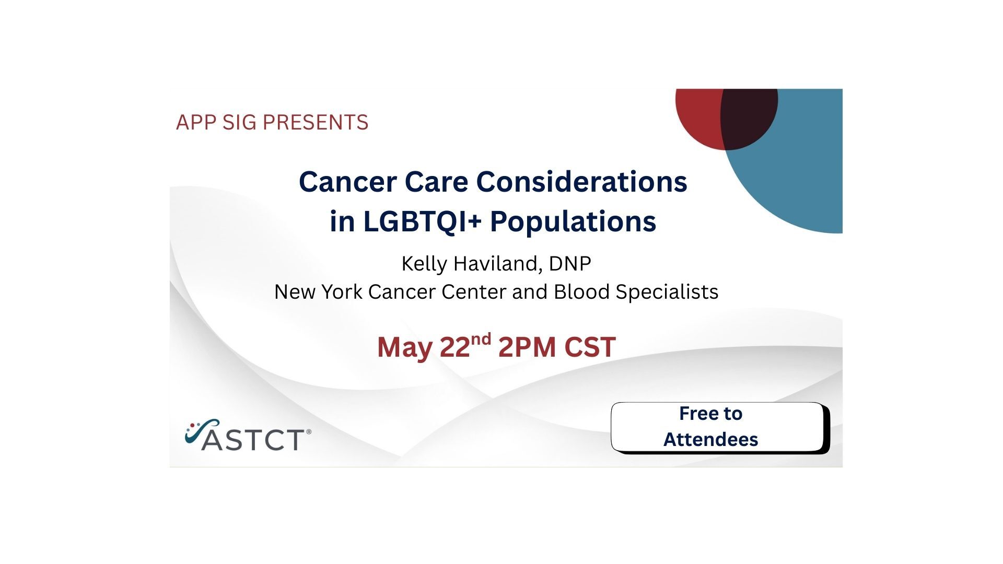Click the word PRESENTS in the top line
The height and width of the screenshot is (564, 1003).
316,122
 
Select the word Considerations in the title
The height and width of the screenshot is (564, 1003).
581,182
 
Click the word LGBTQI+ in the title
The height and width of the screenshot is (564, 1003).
422,221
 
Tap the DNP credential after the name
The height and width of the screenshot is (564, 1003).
570,264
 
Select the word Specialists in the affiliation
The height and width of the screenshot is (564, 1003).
667,292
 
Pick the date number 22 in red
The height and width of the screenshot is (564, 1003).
455,347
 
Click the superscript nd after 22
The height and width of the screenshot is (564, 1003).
481,340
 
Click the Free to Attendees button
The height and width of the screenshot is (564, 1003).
720,428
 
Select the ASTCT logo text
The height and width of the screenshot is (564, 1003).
253,440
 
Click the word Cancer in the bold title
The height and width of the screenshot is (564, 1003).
348,182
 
